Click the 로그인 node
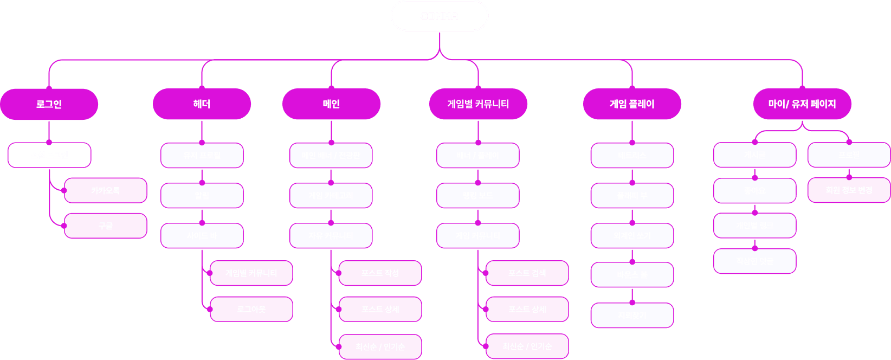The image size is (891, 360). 49,104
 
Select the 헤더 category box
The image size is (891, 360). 202,104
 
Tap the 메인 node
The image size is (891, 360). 331,104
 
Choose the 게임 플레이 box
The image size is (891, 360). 632,104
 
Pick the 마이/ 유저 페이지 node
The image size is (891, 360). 802,104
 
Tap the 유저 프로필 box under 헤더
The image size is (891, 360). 202,156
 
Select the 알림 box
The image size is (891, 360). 202,196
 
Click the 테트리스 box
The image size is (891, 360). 632,156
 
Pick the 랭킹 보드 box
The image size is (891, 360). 477,196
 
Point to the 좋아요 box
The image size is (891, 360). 754,191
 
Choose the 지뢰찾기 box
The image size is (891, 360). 632,316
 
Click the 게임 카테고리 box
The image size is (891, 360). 331,196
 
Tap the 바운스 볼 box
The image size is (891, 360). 632,275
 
